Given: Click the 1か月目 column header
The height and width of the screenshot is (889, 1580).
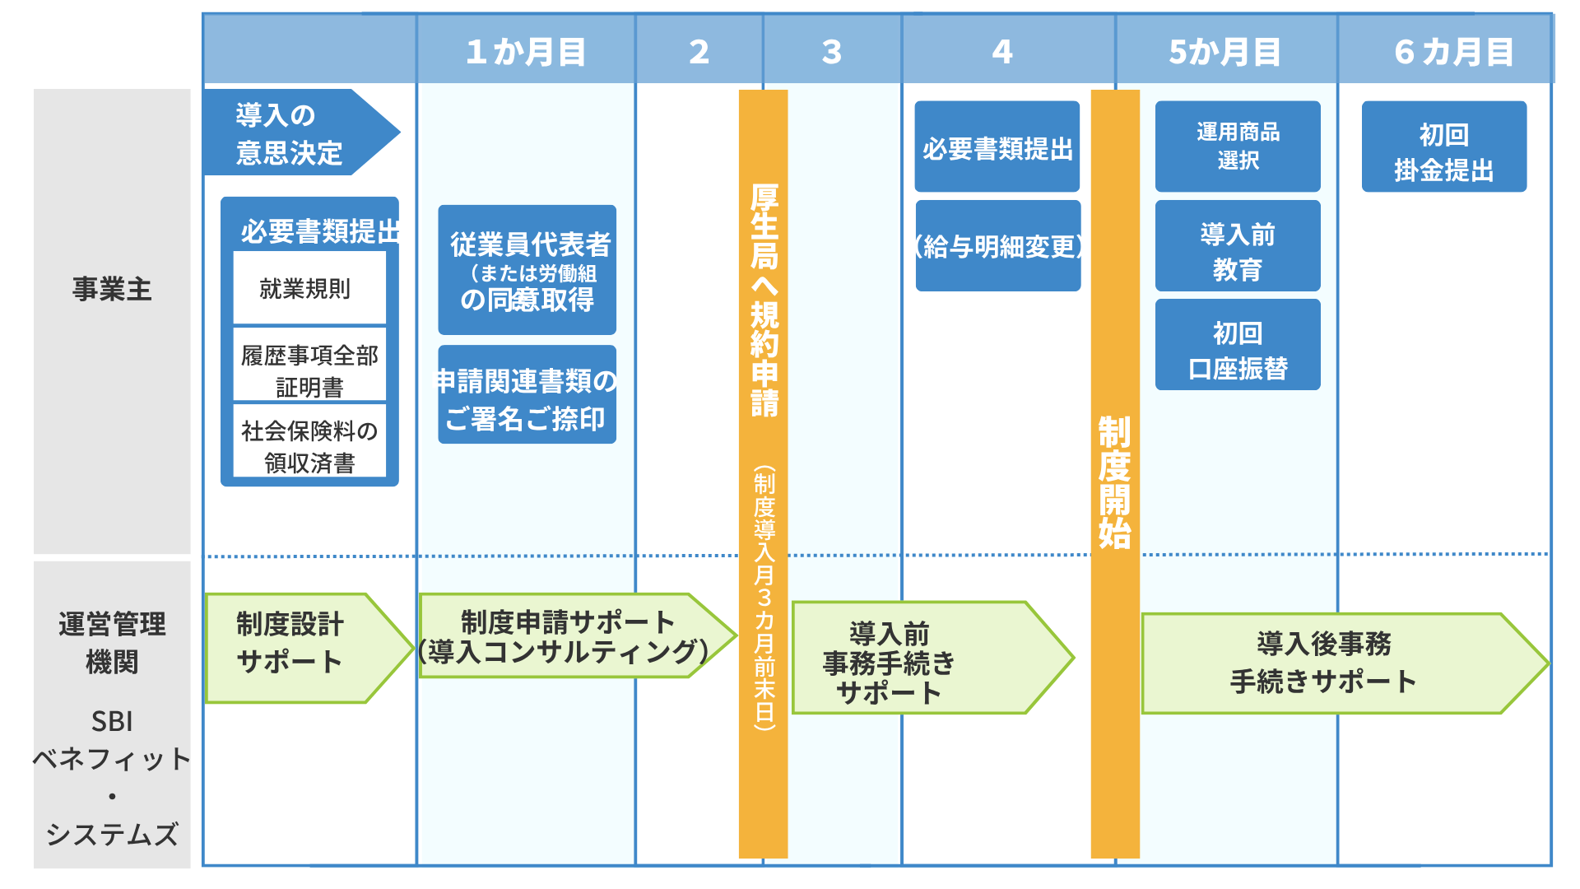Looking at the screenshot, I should (526, 51).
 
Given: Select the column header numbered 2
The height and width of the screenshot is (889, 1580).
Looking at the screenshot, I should (699, 51).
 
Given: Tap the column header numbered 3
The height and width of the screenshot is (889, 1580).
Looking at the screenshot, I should (832, 51).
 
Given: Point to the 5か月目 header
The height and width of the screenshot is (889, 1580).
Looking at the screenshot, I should (1225, 51).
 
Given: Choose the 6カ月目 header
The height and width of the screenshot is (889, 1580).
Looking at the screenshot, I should (1453, 51).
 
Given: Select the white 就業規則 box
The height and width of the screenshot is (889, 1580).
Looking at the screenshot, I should (309, 288).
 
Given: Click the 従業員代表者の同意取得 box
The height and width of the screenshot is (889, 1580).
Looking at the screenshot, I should (527, 270).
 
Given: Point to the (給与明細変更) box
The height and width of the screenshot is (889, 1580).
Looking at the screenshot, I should (997, 246).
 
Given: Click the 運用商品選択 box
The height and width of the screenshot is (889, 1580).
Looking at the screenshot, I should (1237, 146).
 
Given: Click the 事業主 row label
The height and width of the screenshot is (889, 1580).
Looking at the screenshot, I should (112, 289).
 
